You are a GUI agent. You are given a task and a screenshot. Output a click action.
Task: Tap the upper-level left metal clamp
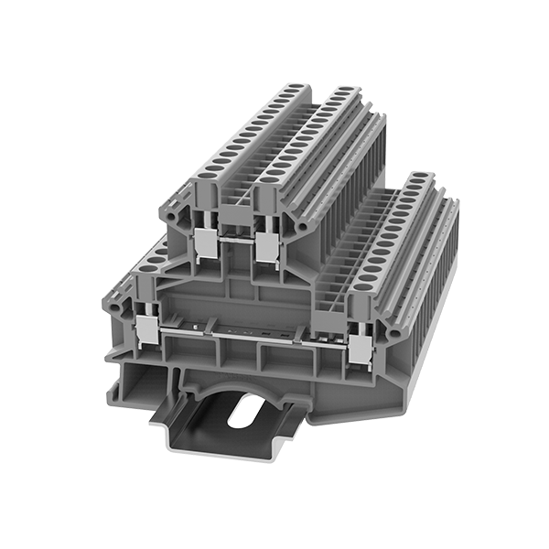pos(207,243)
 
